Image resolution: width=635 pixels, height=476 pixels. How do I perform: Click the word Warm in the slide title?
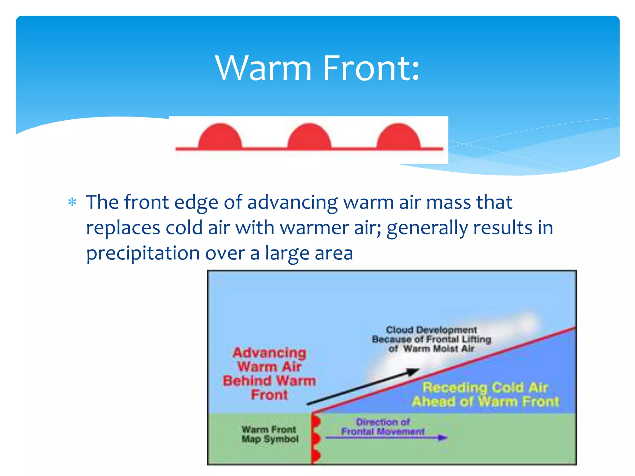pyautogui.click(x=263, y=68)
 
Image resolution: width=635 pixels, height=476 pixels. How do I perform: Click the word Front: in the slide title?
pyautogui.click(x=371, y=68)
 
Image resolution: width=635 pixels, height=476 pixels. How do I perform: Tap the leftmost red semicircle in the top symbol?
pyautogui.click(x=220, y=137)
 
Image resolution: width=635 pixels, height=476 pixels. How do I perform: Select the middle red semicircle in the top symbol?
pyautogui.click(x=309, y=137)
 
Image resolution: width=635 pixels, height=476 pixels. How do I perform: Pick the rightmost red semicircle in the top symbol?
pyautogui.click(x=398, y=137)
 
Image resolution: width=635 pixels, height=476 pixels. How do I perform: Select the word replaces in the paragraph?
pyautogui.click(x=123, y=228)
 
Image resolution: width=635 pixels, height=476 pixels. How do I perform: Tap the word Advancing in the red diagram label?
pyautogui.click(x=269, y=353)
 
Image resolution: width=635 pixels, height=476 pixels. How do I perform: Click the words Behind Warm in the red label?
pyautogui.click(x=269, y=381)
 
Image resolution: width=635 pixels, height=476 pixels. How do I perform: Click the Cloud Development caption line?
pyautogui.click(x=431, y=330)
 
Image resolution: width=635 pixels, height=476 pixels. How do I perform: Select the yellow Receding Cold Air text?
pyautogui.click(x=485, y=387)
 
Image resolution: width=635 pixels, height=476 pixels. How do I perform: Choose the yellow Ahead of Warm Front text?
pyautogui.click(x=485, y=402)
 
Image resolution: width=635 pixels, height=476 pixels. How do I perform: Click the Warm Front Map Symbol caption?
pyautogui.click(x=269, y=434)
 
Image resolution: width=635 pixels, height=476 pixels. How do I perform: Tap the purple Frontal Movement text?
pyautogui.click(x=383, y=431)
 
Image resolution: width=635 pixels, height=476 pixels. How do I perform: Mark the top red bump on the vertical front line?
pyautogui.click(x=316, y=422)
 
